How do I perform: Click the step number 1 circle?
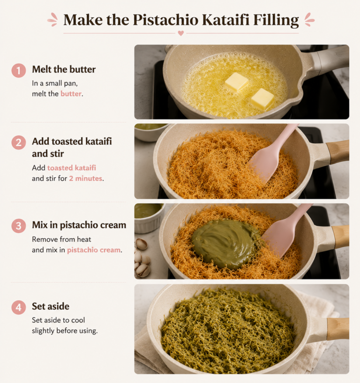point(19,71)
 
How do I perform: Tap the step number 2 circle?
point(19,143)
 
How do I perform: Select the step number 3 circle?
point(19,225)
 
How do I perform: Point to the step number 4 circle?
point(19,307)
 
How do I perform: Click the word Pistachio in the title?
point(165,20)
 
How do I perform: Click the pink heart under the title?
point(181,33)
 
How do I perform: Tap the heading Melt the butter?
point(64,69)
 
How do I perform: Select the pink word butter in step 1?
point(71,94)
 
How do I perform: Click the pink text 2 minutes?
point(85,179)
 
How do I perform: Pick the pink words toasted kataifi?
point(72,168)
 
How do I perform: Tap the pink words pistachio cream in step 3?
point(94,250)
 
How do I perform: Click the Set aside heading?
point(51,306)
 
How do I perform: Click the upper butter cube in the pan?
point(236,82)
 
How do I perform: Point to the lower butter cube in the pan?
point(262,99)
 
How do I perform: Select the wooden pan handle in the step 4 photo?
point(338,329)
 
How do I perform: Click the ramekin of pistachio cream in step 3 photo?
point(149,218)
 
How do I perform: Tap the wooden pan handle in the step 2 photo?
point(338,152)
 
